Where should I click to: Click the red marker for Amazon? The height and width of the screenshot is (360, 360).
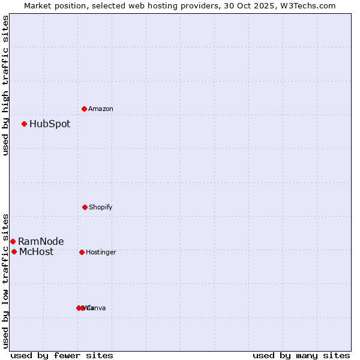click(85, 109)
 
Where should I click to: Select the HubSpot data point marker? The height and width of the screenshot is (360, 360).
click(25, 124)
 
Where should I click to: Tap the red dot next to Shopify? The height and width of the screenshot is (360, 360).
click(85, 207)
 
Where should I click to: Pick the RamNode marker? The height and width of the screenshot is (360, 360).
click(13, 241)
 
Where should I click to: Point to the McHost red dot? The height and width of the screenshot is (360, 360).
click(14, 251)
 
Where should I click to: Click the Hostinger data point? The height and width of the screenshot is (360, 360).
click(82, 252)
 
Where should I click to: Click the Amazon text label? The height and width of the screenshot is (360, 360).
click(101, 109)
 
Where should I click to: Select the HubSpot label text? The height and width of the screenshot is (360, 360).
click(50, 124)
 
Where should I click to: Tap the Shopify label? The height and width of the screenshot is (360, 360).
click(101, 207)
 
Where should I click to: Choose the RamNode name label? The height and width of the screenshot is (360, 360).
click(41, 241)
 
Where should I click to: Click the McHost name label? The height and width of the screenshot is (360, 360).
click(36, 251)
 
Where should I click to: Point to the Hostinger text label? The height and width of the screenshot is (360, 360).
click(101, 252)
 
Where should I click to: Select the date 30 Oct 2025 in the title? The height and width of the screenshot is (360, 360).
click(259, 5)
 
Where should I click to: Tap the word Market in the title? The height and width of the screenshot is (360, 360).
click(38, 5)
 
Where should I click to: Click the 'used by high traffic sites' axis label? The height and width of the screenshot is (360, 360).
click(5, 85)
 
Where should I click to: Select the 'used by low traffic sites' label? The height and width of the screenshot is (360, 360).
click(5, 280)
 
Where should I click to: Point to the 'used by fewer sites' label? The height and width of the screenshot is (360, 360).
click(62, 355)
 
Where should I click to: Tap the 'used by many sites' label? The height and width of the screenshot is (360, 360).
click(301, 355)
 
